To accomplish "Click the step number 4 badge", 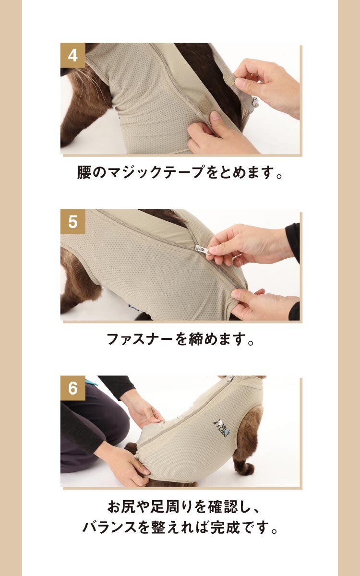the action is pos(73,55).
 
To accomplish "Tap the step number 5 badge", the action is pos(73,221).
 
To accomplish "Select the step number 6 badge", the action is pos(73,388).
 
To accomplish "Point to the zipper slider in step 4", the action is pos(254,102).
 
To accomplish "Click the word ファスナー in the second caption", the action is pos(139,339).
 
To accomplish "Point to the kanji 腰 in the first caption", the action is pos(84,172).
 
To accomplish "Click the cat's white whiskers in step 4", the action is pos(84,77).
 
